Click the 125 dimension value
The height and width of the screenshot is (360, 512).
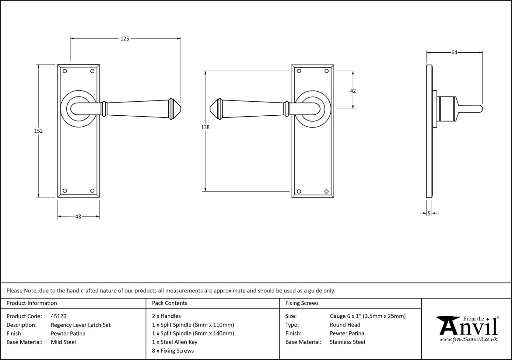tap(125, 39)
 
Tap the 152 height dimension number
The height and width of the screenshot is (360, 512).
tap(38, 131)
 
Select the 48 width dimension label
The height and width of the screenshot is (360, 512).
tap(78, 216)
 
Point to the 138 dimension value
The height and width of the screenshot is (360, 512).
tap(205, 127)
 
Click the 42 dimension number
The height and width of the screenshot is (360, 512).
tap(353, 91)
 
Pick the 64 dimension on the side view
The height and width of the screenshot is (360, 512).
tap(454, 53)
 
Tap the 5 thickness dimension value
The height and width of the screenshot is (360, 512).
tap(429, 214)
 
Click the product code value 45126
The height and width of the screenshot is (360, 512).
tap(58, 316)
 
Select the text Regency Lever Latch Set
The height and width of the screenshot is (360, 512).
tap(81, 325)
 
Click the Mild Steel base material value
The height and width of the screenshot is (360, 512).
tap(63, 342)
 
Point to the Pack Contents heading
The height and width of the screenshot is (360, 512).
tap(170, 303)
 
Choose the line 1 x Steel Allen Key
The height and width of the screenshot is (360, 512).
tap(175, 342)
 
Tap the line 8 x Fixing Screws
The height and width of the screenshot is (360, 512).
tap(173, 351)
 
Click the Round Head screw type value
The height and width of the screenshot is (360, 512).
tap(345, 325)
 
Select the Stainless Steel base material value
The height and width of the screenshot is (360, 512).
tap(347, 342)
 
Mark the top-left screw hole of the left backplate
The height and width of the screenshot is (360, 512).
tap(65, 71)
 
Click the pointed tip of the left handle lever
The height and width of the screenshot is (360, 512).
tap(181, 109)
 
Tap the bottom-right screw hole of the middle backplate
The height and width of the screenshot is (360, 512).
tap(327, 191)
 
